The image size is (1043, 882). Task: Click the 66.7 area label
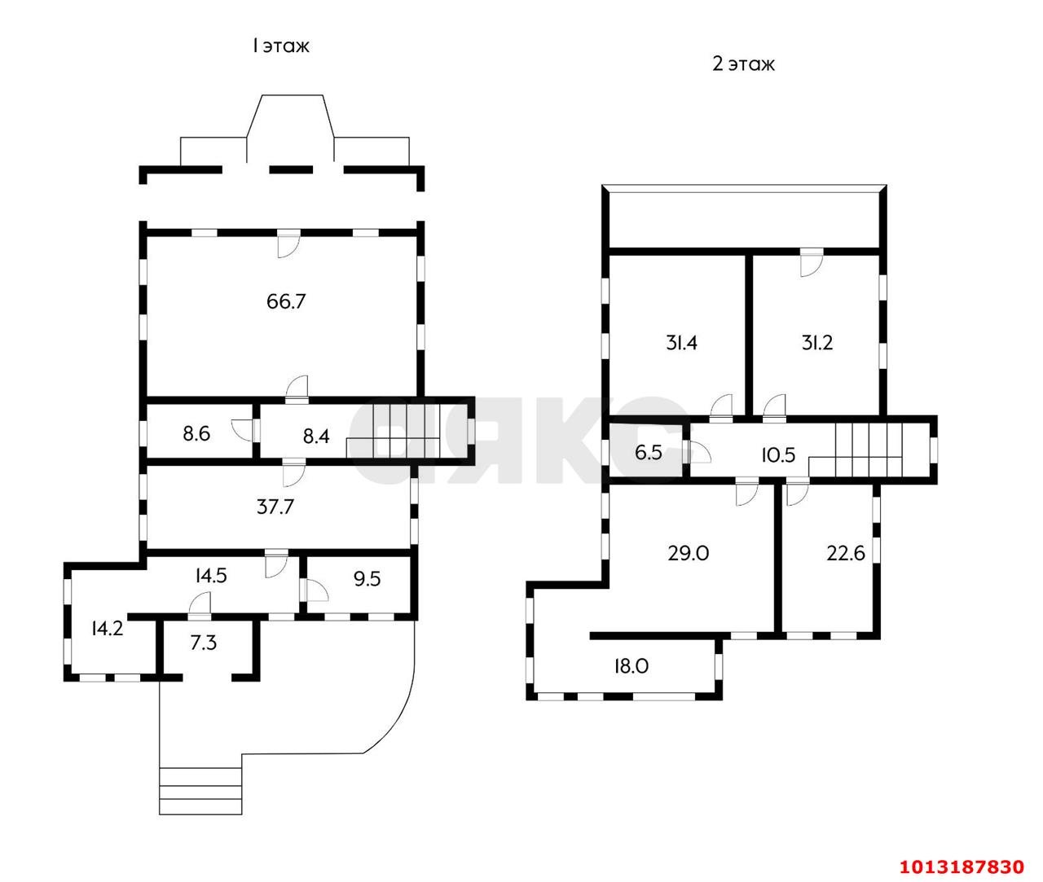(x=286, y=301)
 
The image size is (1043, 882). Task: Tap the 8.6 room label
(x=196, y=434)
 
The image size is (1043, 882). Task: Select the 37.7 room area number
(x=275, y=507)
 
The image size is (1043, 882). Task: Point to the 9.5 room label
(x=367, y=579)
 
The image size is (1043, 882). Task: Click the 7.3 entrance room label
(x=204, y=643)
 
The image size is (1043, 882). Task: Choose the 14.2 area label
(x=108, y=629)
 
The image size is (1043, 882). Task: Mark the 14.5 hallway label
(x=211, y=576)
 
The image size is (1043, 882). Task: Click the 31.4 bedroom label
(x=681, y=343)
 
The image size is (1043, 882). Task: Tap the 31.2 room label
(x=817, y=343)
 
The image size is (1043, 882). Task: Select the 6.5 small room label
(x=649, y=453)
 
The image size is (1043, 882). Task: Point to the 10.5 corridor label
(x=778, y=455)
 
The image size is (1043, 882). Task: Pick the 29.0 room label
(x=689, y=553)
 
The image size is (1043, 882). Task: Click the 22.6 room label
(x=846, y=553)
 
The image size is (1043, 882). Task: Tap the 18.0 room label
(x=632, y=666)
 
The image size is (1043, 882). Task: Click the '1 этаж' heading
(x=280, y=46)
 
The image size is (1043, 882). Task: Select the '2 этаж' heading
(x=743, y=64)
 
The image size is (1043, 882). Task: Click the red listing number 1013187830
(x=962, y=867)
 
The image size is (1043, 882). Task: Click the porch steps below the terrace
(x=200, y=792)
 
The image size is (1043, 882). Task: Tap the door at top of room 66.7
(x=288, y=244)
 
